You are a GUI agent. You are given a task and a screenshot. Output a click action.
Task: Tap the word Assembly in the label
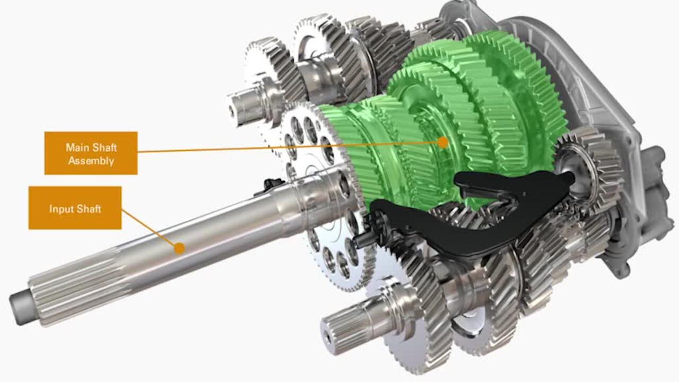point(91,161)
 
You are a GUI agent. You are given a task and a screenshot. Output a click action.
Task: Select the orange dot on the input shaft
point(179,248)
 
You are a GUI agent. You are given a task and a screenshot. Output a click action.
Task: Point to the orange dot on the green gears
point(443,142)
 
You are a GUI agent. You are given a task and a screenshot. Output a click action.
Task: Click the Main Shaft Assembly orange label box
point(91,153)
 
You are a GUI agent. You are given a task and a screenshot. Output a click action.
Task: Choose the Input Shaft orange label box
point(75,207)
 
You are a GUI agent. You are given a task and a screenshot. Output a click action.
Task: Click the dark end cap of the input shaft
point(19,309)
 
